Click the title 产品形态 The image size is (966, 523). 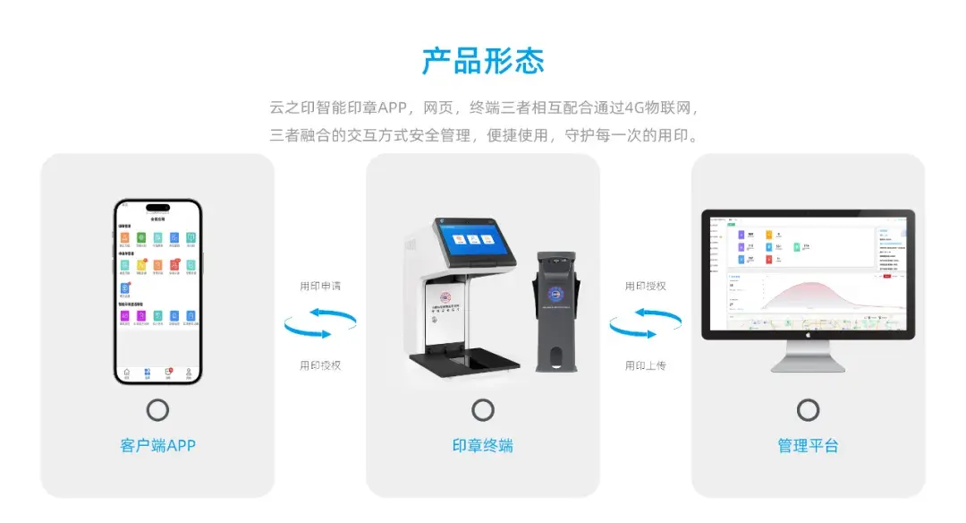pyautogui.click(x=483, y=61)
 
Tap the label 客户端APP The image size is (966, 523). pyautogui.click(x=157, y=445)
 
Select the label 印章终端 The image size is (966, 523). pyautogui.click(x=483, y=445)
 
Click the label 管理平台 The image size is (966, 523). pyautogui.click(x=808, y=445)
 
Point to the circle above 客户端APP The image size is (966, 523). pyautogui.click(x=157, y=410)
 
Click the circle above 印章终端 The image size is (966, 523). pyautogui.click(x=483, y=410)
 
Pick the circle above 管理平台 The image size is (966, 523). pyautogui.click(x=808, y=410)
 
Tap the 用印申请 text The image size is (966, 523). pyautogui.click(x=320, y=287)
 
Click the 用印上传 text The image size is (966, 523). pyautogui.click(x=645, y=365)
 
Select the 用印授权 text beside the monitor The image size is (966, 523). pyautogui.click(x=645, y=287)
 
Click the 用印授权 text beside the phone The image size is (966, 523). pyautogui.click(x=320, y=365)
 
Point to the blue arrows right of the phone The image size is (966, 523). pyautogui.click(x=320, y=324)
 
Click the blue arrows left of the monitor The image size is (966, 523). pyautogui.click(x=645, y=324)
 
